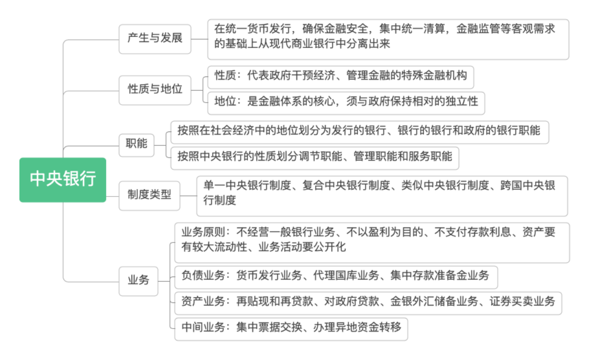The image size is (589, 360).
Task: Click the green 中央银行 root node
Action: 63,179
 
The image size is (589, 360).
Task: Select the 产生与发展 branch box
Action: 155,38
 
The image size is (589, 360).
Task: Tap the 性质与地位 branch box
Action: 155,90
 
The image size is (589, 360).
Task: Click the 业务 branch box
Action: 138,280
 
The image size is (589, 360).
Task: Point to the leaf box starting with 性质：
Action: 340,76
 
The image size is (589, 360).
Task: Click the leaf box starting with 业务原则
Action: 371,242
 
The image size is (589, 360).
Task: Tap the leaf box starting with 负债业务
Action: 335,276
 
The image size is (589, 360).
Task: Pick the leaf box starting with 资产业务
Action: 368,302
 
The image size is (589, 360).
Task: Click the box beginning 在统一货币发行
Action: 388,38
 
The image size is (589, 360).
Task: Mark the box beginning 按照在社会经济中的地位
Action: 359,131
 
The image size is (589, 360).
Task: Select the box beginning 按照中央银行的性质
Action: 314,157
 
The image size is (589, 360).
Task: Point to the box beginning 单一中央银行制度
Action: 382,195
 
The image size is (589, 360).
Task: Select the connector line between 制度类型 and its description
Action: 188,195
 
